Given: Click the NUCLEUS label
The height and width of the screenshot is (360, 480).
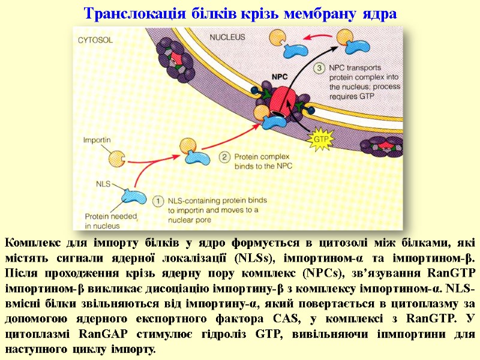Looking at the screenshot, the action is point(227,37).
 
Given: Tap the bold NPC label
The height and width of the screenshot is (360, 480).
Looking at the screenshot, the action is point(280,76).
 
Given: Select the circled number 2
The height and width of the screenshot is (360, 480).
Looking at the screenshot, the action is point(223,157).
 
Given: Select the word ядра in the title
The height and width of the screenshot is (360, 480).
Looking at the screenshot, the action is point(380,13).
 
